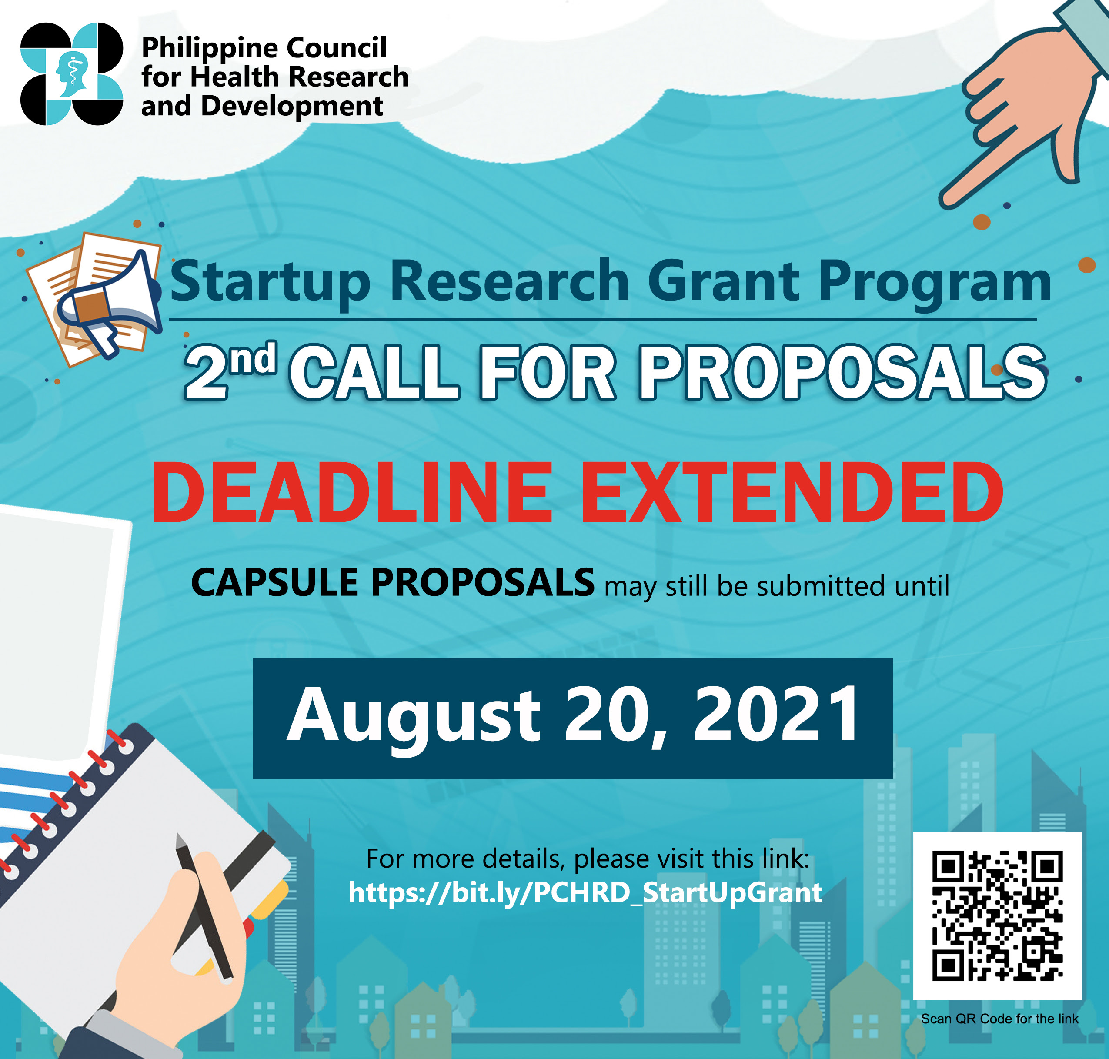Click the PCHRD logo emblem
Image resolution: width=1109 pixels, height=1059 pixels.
click(x=72, y=73)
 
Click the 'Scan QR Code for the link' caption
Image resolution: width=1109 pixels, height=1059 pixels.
click(x=999, y=1019)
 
